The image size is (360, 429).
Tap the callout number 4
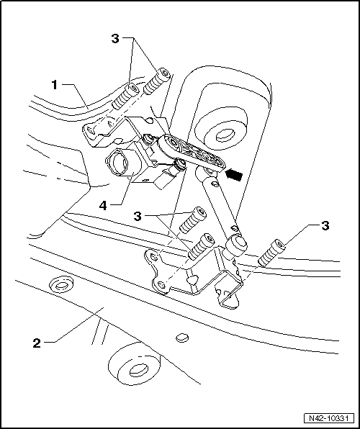pos(104,206)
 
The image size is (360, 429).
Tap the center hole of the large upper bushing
pos(225,133)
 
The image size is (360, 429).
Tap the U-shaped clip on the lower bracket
pos(228,295)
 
